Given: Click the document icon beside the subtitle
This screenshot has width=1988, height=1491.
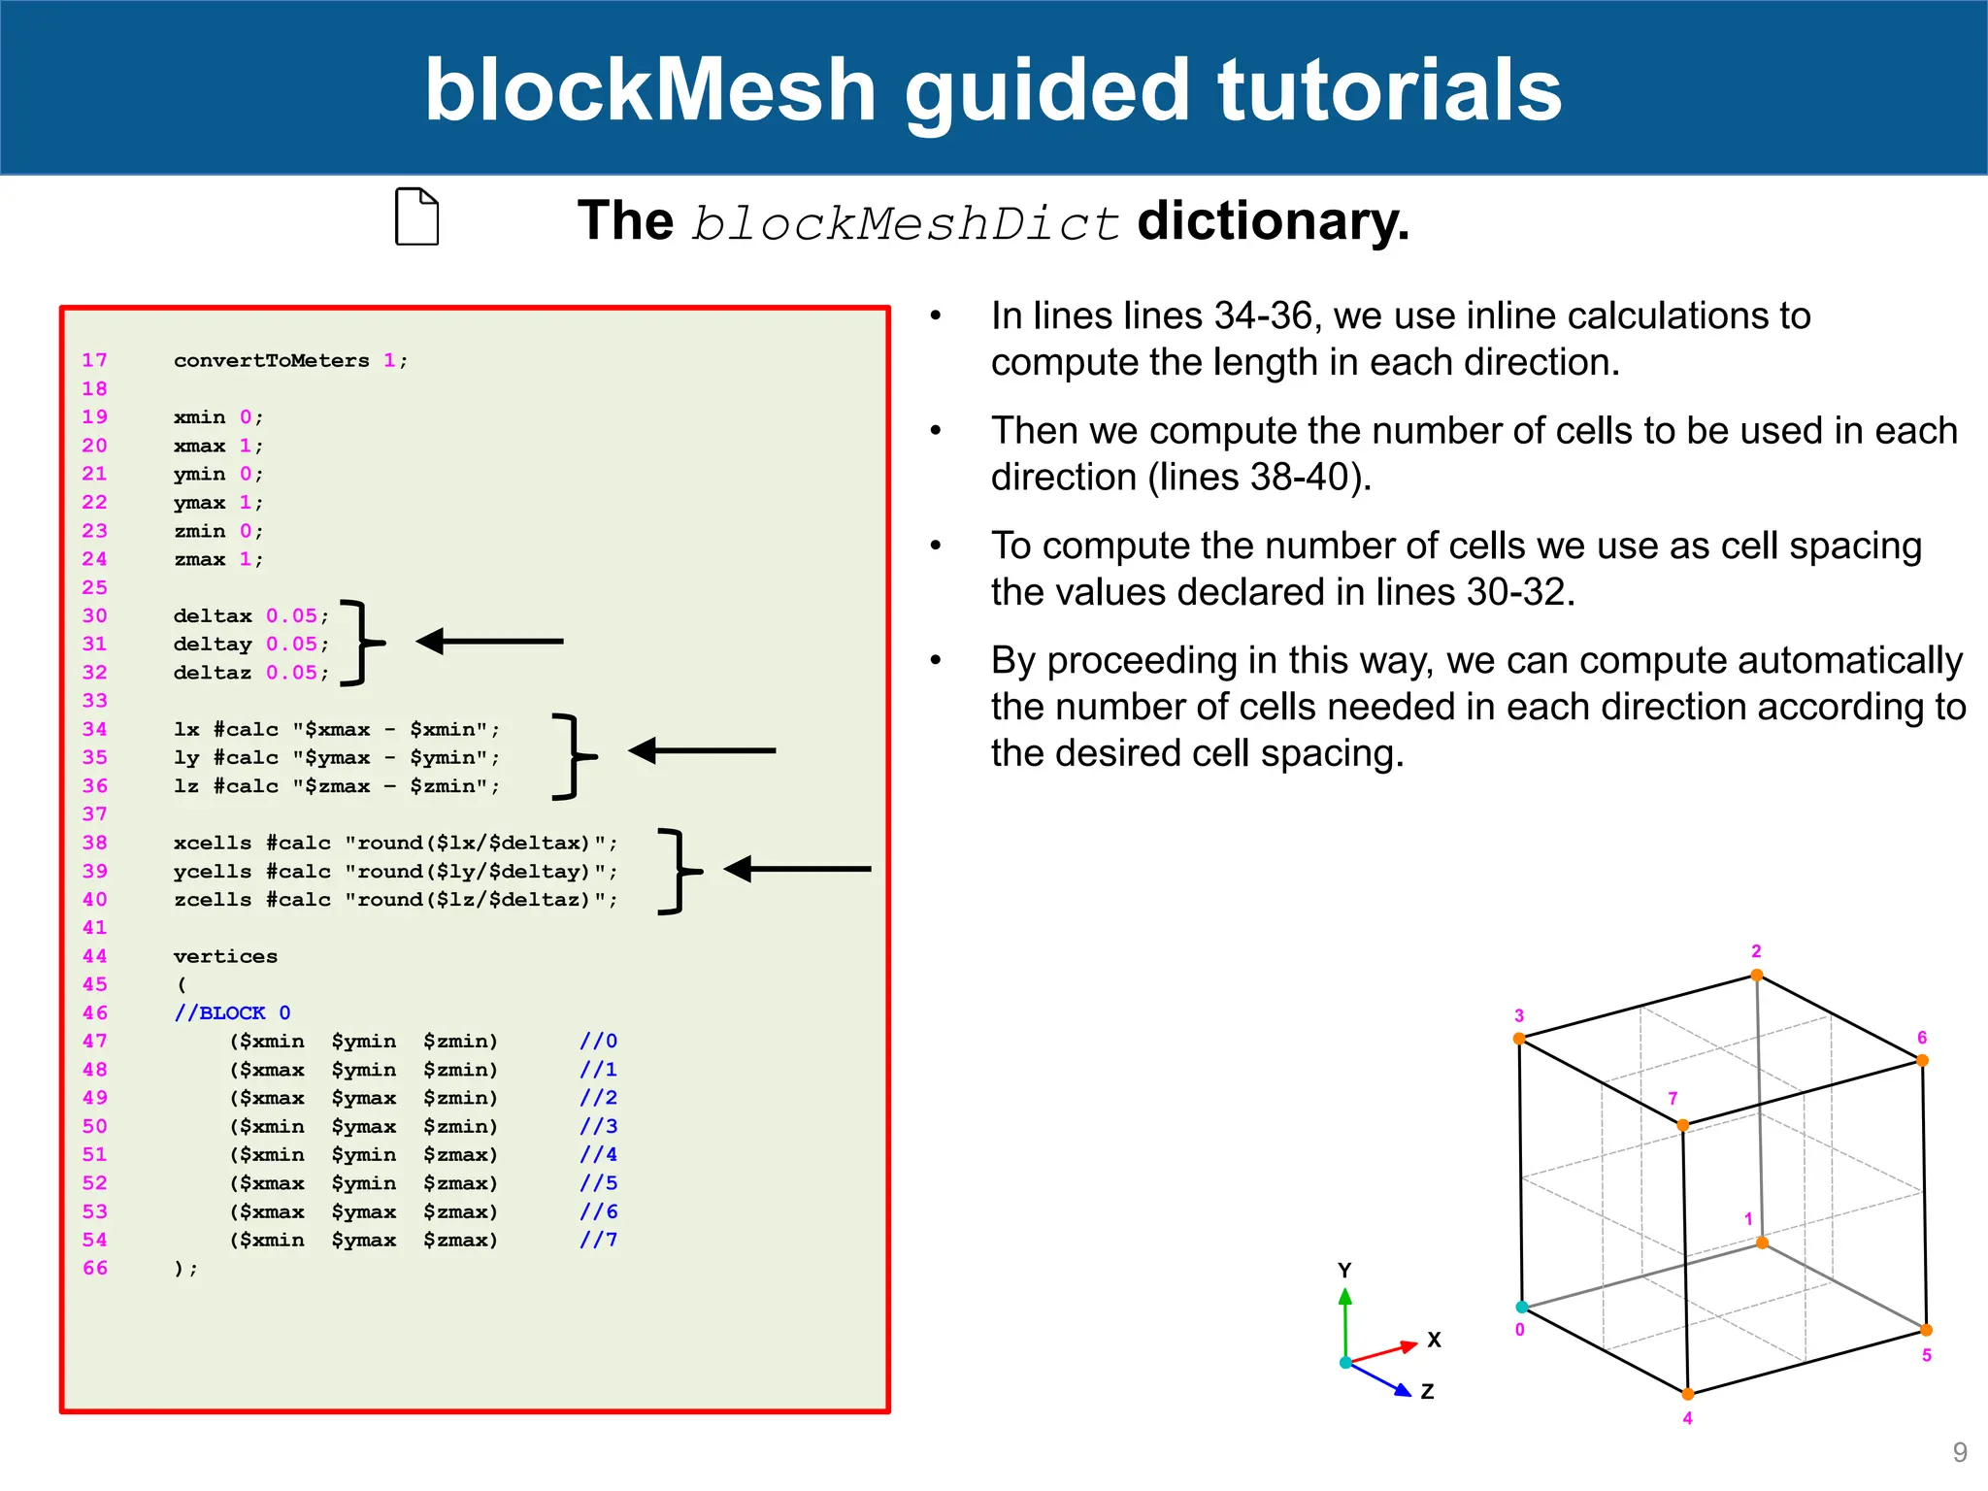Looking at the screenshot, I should coord(416,216).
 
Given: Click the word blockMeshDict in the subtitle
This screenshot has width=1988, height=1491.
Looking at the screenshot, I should coord(905,223).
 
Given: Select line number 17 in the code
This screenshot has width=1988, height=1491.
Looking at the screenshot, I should coord(94,360).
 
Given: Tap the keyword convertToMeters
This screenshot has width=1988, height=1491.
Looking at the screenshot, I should coord(271,360).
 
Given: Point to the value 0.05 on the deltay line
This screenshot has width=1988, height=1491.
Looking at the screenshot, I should coord(291,644).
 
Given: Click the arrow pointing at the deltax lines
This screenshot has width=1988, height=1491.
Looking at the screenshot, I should coord(490,641).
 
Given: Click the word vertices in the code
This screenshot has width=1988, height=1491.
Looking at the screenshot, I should coord(225,956).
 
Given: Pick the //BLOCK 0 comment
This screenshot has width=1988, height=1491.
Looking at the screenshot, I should coord(232,1012).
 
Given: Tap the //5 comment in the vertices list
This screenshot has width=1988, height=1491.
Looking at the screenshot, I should coord(598,1182).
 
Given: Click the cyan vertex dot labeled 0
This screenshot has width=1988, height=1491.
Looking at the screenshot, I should coord(1522,1307).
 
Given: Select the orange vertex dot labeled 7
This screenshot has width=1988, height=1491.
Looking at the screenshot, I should coord(1682,1125).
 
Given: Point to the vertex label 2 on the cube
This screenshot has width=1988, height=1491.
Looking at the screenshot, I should coord(1756,951).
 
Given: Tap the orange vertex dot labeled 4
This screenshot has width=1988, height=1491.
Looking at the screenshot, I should coord(1688,1394).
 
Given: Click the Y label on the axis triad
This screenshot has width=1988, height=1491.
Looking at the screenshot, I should coord(1344,1270).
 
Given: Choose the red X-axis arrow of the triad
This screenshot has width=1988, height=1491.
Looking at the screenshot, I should coord(1383,1351).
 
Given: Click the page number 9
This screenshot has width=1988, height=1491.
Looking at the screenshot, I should coord(1959,1452).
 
